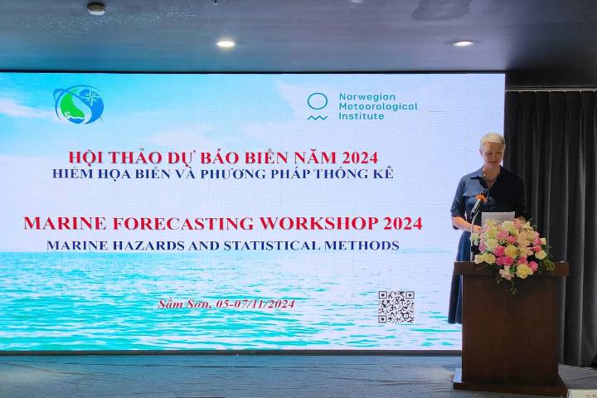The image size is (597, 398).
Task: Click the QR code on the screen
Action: click(396, 307)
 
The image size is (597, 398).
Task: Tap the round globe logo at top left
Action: click(79, 104)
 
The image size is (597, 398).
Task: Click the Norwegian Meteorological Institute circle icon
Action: click(317, 106)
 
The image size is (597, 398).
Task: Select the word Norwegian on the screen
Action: click(362, 97)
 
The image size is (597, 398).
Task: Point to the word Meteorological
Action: click(378, 106)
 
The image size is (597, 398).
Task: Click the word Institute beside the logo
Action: click(362, 116)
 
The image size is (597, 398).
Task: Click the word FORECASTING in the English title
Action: click(183, 223)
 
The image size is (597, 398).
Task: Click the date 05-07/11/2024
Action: click(255, 304)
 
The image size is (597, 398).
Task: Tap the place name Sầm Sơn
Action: click(184, 304)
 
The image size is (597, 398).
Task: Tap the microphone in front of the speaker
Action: click(478, 204)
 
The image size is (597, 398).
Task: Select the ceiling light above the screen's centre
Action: click(226, 44)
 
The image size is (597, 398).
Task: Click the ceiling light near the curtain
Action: click(463, 43)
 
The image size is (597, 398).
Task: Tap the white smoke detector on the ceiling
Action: click(96, 8)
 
